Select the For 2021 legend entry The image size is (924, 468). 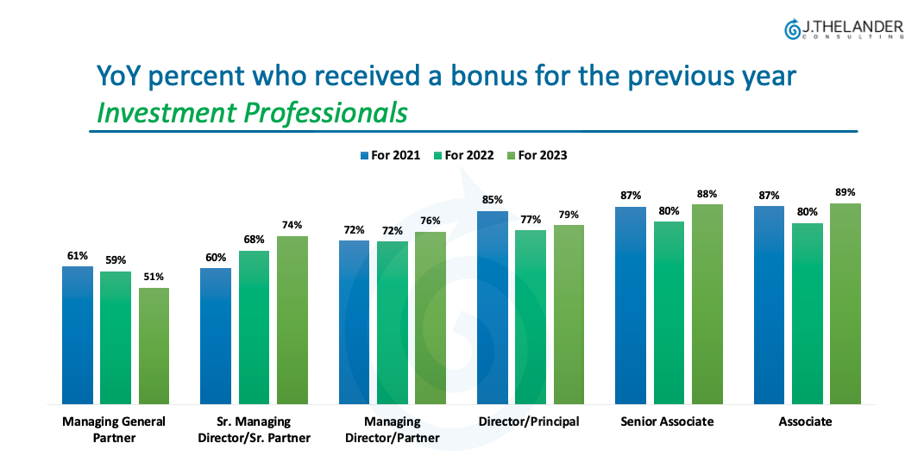point(391,155)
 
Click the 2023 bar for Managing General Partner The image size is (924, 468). point(154,345)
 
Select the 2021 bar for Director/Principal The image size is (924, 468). point(493,307)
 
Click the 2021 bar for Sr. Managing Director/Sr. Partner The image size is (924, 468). point(216,335)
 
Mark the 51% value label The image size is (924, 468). point(154,277)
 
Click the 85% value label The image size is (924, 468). point(493,200)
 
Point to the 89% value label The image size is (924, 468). point(845,192)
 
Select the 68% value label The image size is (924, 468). point(254,240)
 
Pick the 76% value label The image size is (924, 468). point(431,221)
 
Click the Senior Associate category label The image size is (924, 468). point(668,421)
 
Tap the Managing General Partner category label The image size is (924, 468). point(114,429)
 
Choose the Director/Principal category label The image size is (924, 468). point(529,421)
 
